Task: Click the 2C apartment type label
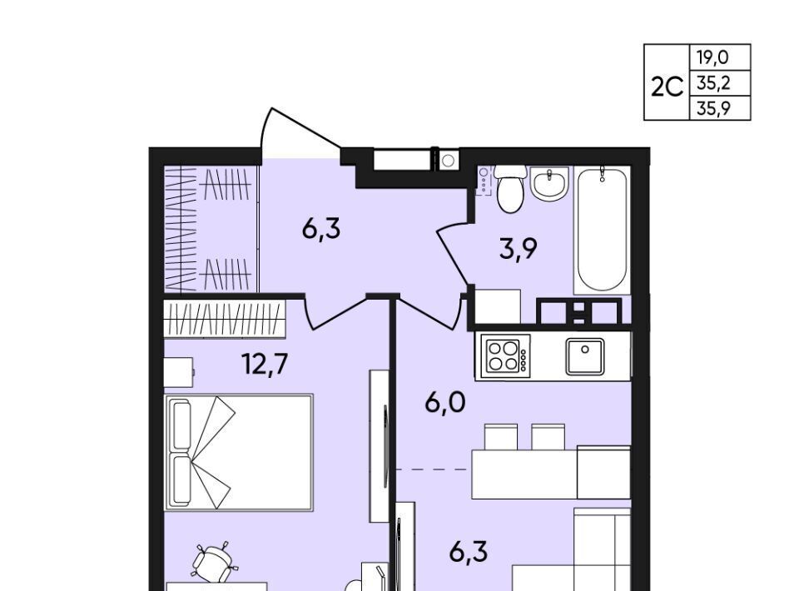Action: click(x=667, y=87)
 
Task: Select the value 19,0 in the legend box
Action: click(x=713, y=57)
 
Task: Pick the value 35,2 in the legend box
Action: click(x=713, y=82)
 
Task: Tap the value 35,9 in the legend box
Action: click(x=713, y=107)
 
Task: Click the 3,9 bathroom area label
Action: click(x=519, y=249)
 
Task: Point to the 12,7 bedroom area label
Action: click(x=265, y=364)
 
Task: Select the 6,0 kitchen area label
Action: click(x=444, y=403)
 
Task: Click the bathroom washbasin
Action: click(x=548, y=184)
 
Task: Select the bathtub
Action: click(x=602, y=230)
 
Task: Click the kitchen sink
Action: click(x=585, y=356)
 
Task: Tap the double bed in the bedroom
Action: click(x=239, y=452)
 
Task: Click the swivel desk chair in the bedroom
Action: click(x=213, y=562)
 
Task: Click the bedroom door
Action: click(x=336, y=311)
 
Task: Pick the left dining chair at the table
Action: click(x=501, y=437)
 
